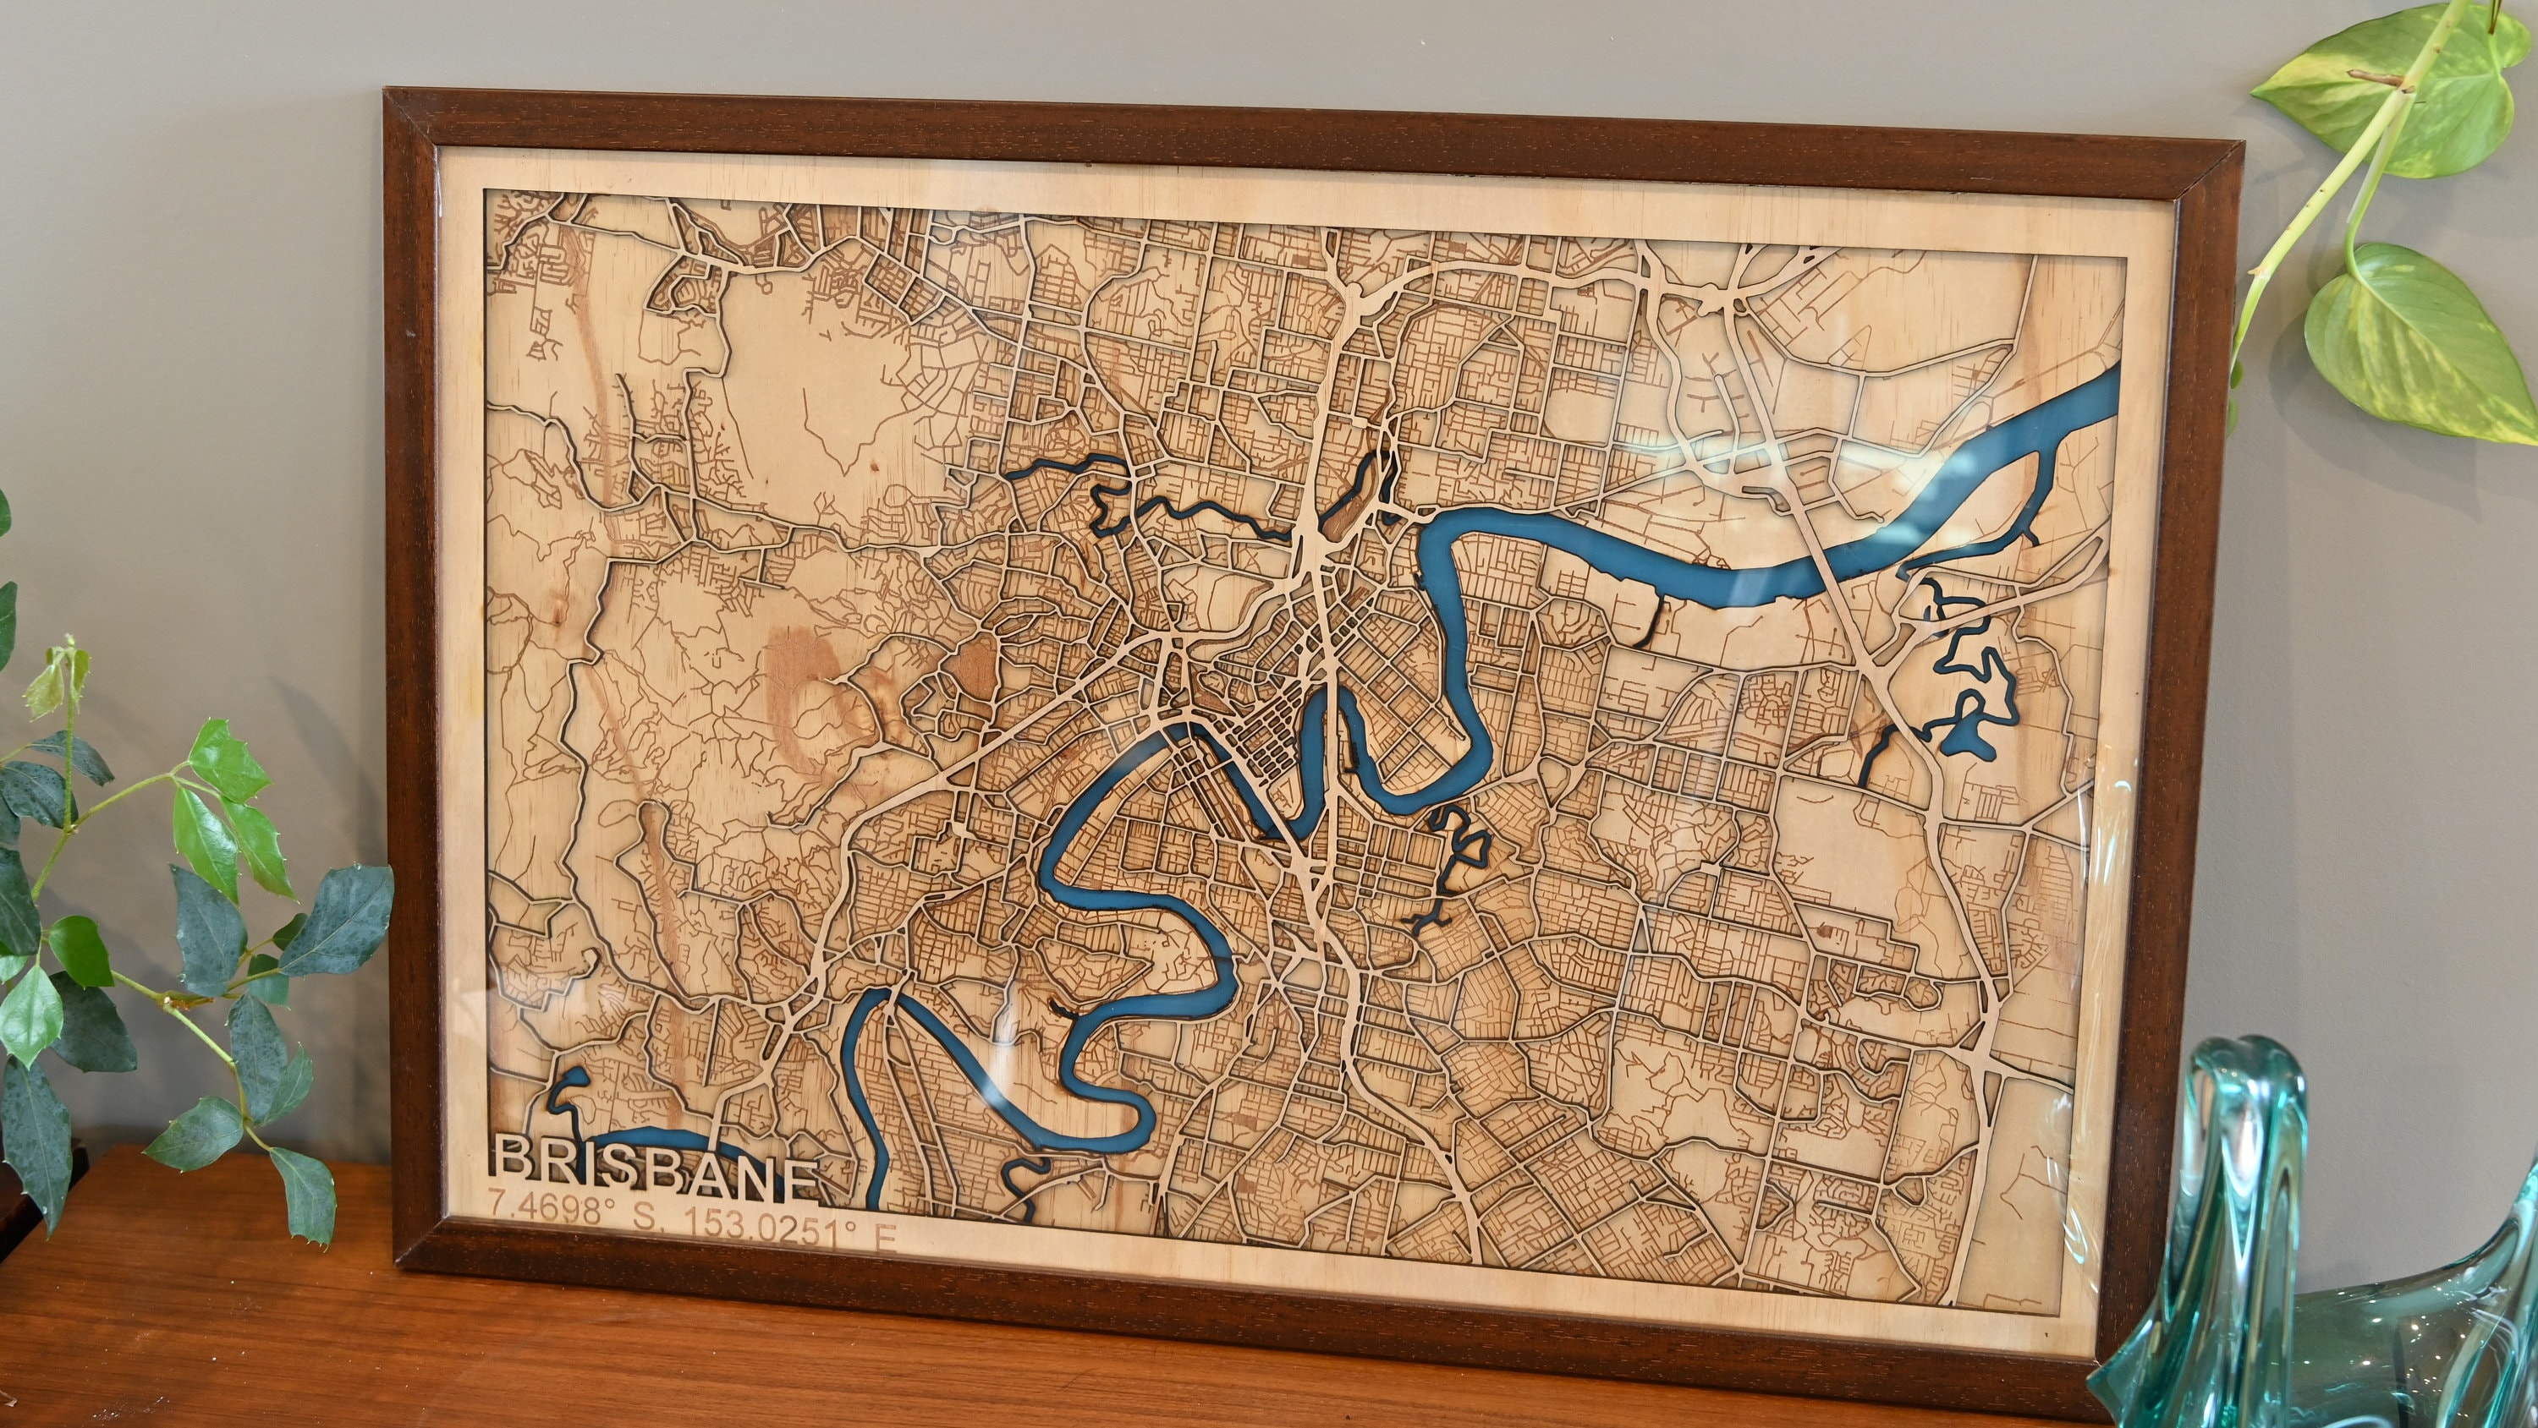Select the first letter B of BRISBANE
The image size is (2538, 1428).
pyautogui.click(x=514, y=1161)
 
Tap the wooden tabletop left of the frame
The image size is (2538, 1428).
pyautogui.click(x=197, y=1310)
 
